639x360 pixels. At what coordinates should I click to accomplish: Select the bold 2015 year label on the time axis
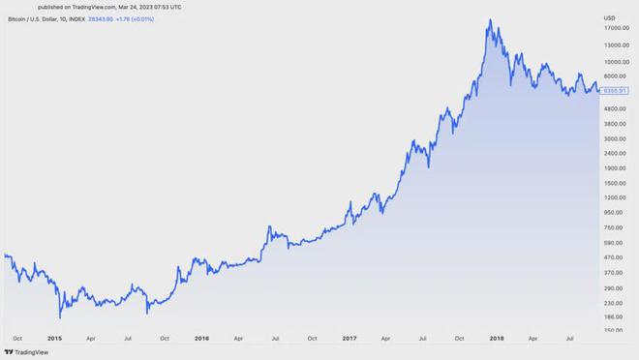(54, 339)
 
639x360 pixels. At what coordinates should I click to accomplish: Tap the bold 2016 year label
(200, 339)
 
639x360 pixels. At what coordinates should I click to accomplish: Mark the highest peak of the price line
(492, 20)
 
